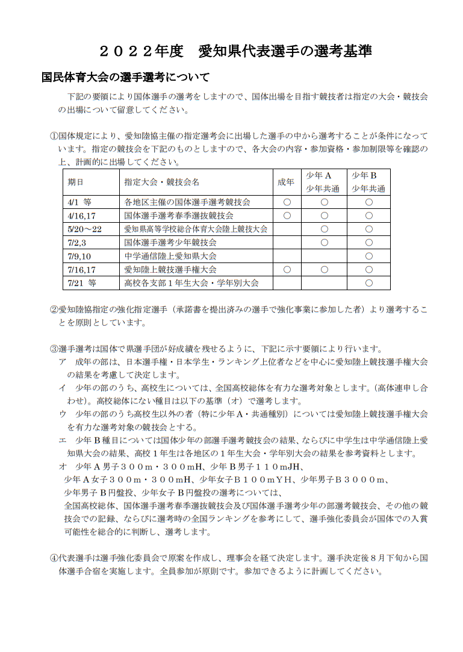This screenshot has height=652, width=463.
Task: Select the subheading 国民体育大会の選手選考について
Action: (125, 78)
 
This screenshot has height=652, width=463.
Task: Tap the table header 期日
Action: (75, 182)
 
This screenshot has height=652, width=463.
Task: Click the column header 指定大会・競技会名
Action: (161, 182)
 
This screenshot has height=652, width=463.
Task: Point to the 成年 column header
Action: (286, 182)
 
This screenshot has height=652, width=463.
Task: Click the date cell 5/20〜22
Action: (85, 229)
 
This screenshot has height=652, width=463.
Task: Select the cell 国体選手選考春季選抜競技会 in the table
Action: (179, 216)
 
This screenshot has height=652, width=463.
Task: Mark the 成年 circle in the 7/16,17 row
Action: (287, 269)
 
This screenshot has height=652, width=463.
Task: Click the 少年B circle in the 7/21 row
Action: (368, 282)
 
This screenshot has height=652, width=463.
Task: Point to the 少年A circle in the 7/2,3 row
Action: (324, 243)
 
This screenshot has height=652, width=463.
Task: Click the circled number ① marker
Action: (53, 135)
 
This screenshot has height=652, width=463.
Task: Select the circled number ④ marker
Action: (53, 558)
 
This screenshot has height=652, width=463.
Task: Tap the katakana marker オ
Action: (63, 467)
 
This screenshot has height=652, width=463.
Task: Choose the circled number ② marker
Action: (53, 309)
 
